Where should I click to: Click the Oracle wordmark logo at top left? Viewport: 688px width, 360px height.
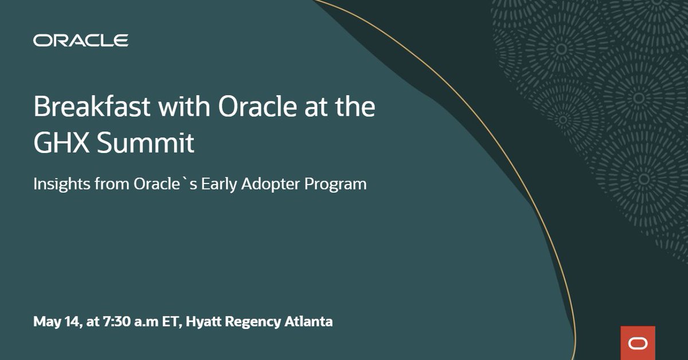(81, 41)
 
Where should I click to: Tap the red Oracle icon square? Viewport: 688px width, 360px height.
(638, 343)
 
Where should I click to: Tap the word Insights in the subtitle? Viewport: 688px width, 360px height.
(56, 185)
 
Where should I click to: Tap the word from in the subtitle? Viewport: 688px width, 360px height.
(104, 185)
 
